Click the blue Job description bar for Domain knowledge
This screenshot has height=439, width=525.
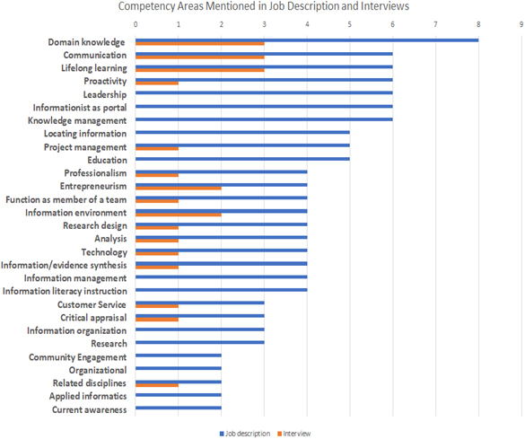(307, 40)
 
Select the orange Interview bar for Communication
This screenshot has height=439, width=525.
(200, 57)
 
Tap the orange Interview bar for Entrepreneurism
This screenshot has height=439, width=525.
(179, 189)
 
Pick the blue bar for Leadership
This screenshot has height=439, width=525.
(264, 93)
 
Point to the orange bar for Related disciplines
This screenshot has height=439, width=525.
(157, 385)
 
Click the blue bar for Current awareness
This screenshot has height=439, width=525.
(179, 408)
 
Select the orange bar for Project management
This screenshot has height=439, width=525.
(157, 149)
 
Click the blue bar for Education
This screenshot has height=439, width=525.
(242, 159)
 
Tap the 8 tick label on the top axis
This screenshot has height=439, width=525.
(478, 24)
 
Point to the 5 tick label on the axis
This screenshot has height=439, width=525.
(350, 24)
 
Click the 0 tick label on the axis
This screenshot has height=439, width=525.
(136, 24)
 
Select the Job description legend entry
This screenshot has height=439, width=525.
(245, 434)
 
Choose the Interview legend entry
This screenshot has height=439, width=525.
(294, 434)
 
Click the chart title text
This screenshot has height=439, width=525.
(264, 6)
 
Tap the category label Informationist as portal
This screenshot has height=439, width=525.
(80, 108)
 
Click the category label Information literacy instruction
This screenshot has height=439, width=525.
(65, 291)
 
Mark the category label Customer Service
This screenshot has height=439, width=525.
(92, 304)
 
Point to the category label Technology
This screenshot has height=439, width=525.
(104, 252)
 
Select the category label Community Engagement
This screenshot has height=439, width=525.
(78, 357)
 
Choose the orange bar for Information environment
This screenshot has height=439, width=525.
(179, 215)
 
